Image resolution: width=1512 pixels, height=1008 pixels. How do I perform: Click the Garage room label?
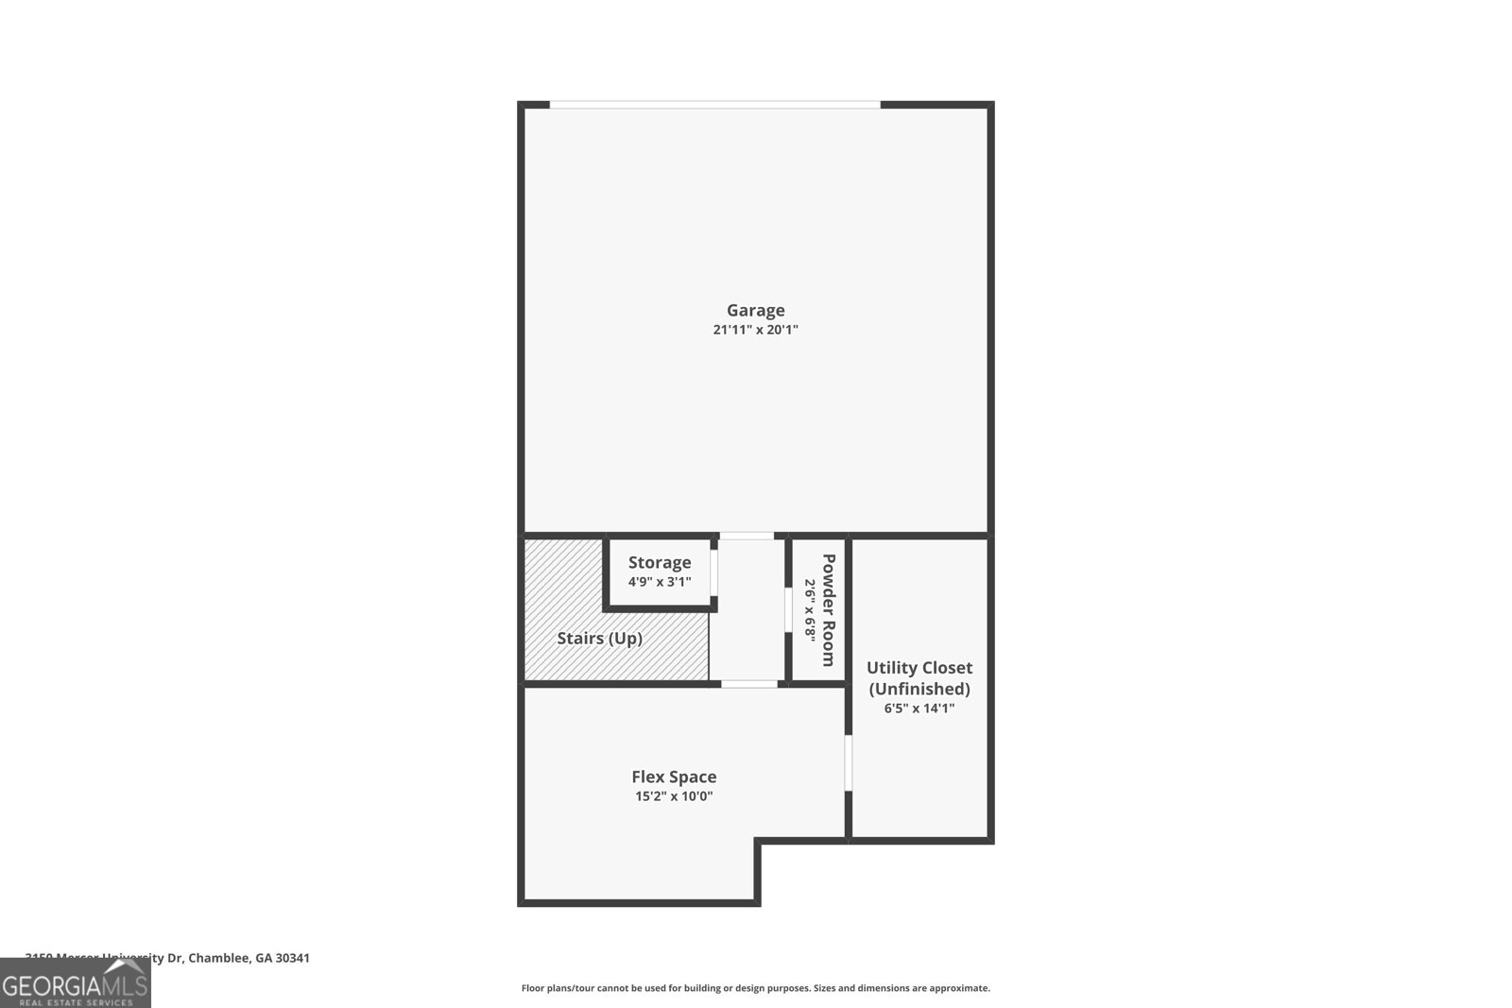click(x=755, y=310)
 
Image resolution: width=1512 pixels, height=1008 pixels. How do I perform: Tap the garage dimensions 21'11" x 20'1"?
click(x=755, y=330)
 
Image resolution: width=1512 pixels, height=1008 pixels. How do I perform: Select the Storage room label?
click(x=660, y=562)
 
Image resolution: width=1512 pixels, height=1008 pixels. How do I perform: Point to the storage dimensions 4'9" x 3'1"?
click(x=660, y=582)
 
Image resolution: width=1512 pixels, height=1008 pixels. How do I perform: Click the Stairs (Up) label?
click(x=599, y=639)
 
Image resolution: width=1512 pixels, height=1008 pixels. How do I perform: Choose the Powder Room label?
click(x=829, y=609)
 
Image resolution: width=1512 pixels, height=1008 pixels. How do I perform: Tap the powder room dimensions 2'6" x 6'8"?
click(x=810, y=609)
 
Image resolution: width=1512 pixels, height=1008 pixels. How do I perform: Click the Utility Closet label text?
click(x=919, y=667)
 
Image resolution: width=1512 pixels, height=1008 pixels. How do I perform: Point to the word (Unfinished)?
click(x=919, y=689)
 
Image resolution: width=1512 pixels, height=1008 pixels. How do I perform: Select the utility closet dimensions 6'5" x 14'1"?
click(x=919, y=709)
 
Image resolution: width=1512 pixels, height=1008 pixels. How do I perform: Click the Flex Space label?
click(x=674, y=777)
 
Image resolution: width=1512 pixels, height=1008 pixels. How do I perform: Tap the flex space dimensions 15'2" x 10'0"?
click(x=674, y=796)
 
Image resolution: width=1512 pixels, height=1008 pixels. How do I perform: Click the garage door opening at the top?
click(x=715, y=105)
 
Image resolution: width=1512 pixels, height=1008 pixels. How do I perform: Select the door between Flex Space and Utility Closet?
click(x=849, y=762)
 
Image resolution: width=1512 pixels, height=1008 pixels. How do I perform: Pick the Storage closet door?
click(x=714, y=572)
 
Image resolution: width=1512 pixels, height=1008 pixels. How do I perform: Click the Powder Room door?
click(x=787, y=609)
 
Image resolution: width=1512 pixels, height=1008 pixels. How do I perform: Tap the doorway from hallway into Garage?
click(x=747, y=536)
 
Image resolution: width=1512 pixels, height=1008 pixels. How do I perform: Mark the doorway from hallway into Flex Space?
click(x=748, y=683)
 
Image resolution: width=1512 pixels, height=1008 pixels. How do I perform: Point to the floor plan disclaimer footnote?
click(x=755, y=988)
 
